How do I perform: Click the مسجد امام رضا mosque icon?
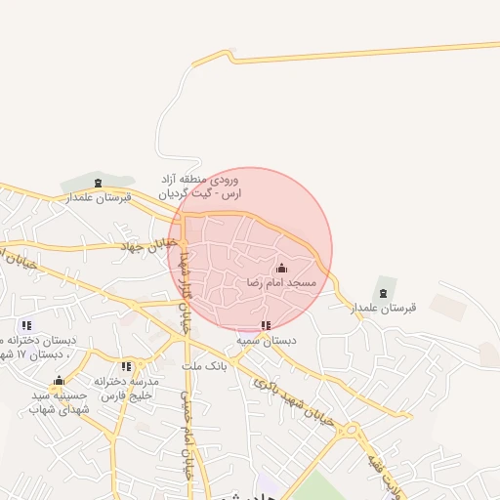tap(282, 268)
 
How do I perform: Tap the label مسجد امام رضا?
tap(282, 282)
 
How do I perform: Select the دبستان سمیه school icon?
tap(265, 325)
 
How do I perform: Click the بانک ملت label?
tap(206, 366)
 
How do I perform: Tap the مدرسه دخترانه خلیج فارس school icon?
tap(127, 366)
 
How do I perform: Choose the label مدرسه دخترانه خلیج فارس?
tap(126, 388)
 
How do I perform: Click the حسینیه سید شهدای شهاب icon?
tap(59, 381)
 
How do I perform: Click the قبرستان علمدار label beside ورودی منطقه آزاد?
tap(98, 197)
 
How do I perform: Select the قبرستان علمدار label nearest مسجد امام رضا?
tap(384, 307)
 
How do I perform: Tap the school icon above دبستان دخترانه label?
tap(26, 324)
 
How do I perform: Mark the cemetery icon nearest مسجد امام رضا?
tap(383, 291)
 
